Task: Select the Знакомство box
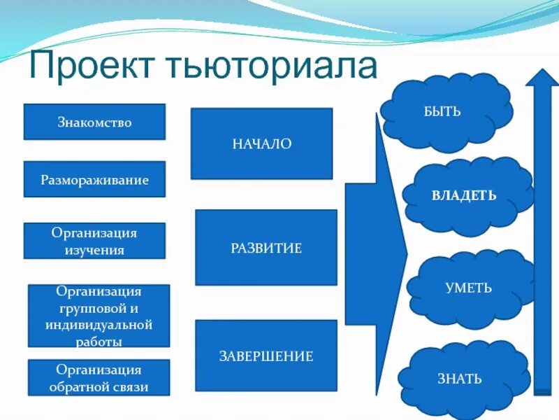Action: tap(94, 122)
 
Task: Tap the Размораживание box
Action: tap(94, 180)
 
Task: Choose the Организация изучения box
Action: tap(94, 241)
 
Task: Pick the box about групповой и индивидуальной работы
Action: tap(99, 316)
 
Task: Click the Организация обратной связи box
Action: tap(99, 378)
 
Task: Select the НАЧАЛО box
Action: tap(261, 143)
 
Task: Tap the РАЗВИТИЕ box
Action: tap(266, 248)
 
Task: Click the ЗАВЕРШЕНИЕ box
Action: tap(266, 356)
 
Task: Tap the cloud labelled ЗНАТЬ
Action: tap(458, 379)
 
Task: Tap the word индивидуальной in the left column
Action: tap(99, 325)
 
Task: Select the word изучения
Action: tap(94, 249)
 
